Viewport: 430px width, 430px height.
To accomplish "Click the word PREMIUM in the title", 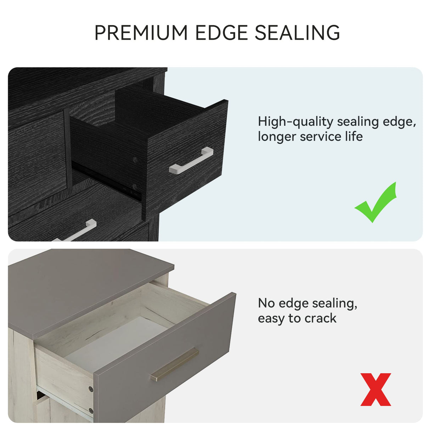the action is [141, 33].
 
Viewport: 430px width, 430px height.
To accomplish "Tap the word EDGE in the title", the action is [222, 33].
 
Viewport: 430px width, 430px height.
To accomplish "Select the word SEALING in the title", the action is [297, 33].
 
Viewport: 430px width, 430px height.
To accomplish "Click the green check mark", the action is [375, 202].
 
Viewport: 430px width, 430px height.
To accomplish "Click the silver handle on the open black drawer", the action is [191, 160].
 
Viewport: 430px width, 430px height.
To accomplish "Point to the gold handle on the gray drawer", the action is [175, 364].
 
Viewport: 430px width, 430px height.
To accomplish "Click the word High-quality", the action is [295, 122].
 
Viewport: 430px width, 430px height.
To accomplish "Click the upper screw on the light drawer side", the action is [91, 389].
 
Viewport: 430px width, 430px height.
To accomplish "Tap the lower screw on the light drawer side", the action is [90, 410].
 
